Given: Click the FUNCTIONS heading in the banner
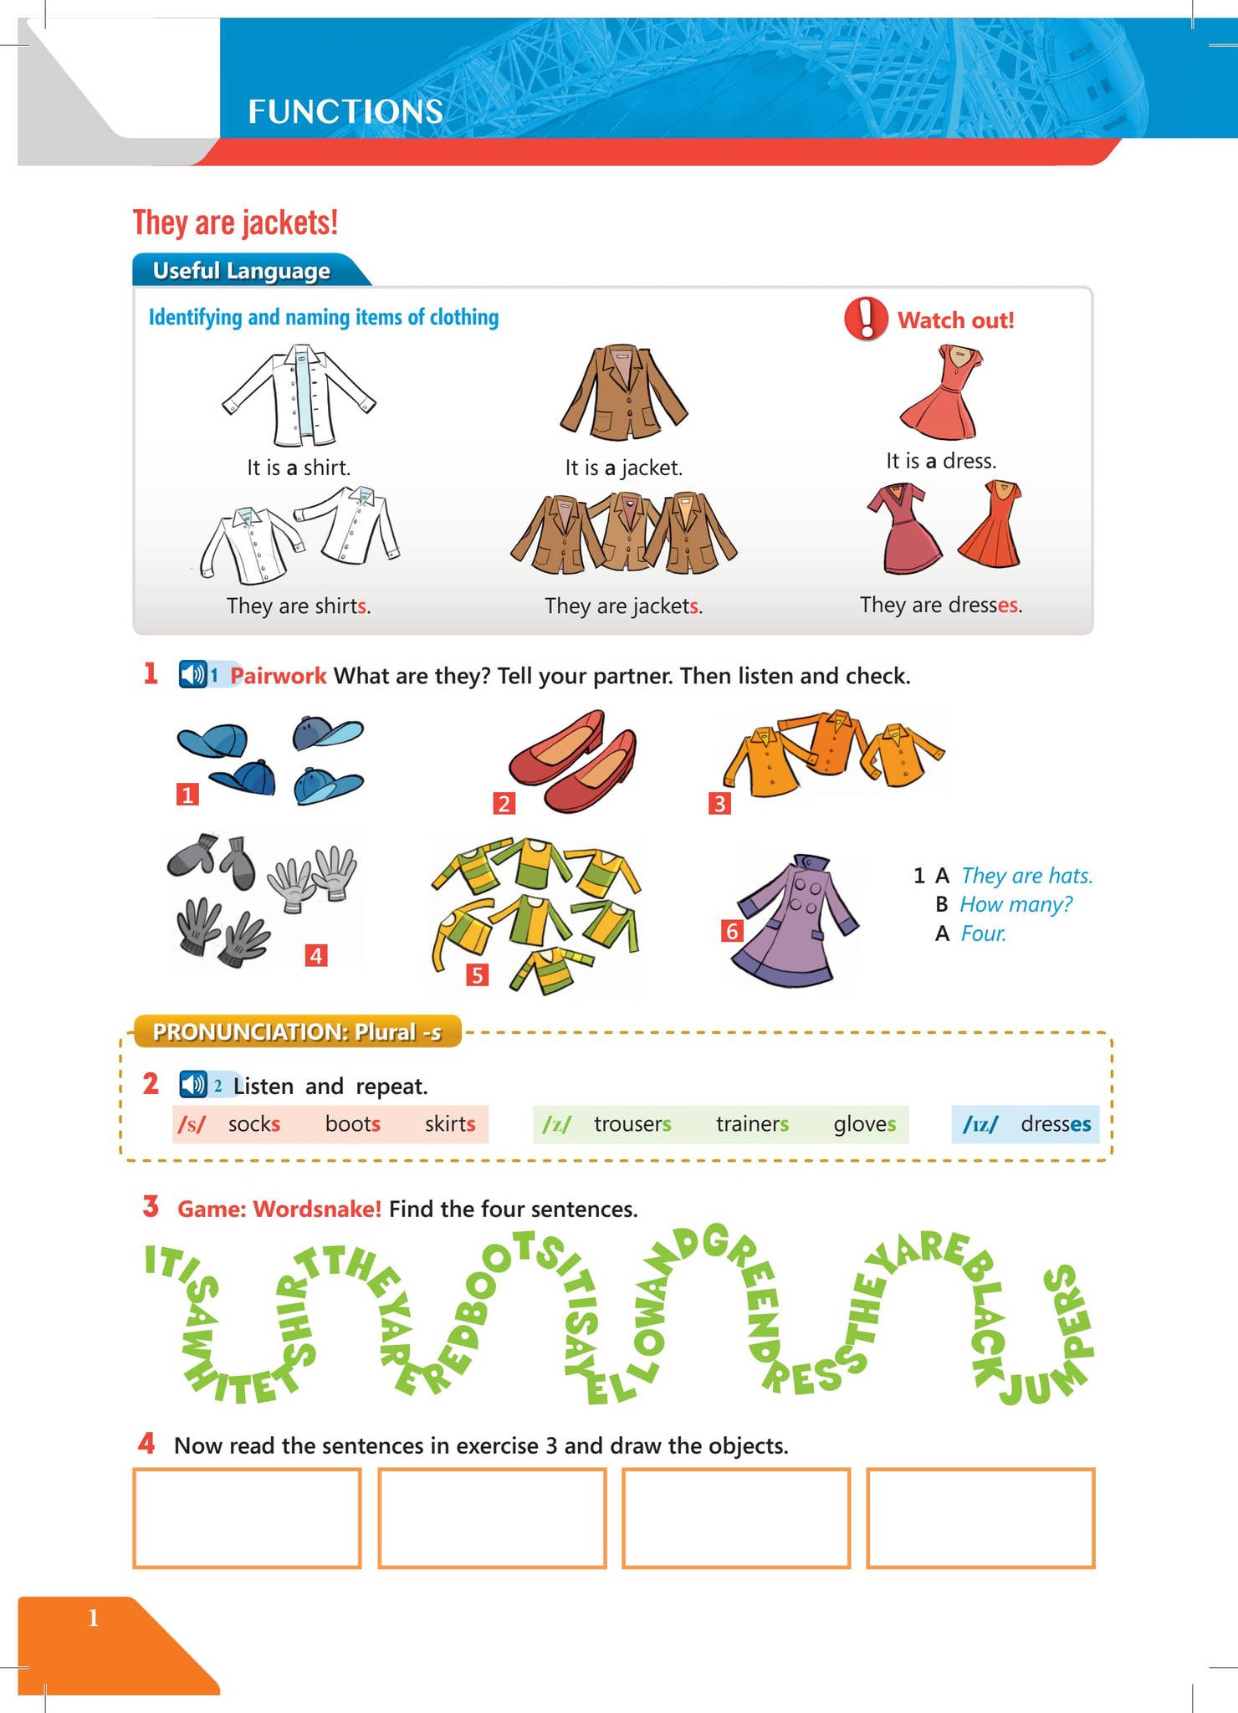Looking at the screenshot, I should tap(345, 112).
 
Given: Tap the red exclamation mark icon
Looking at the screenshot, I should tap(866, 319).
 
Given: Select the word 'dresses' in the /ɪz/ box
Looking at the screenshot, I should tap(1056, 1124).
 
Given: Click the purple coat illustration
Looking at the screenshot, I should tap(792, 920).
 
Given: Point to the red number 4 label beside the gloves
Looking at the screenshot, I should tap(316, 955).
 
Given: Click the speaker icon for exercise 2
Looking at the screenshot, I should tap(193, 1085).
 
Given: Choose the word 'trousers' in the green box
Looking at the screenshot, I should tap(632, 1124).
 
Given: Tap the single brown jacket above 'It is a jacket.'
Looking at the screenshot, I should tap(623, 392).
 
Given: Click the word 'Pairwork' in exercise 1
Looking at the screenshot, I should tap(278, 676).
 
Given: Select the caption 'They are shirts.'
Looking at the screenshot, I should tap(299, 606).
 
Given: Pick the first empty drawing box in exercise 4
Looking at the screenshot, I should tap(247, 1517).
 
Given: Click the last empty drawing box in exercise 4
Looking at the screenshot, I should tap(980, 1517).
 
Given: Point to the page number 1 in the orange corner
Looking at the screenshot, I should tap(94, 1618).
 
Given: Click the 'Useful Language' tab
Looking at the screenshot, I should tap(242, 271).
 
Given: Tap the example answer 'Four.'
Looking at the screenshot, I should tap(984, 933).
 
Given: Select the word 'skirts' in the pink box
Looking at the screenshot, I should tap(450, 1124).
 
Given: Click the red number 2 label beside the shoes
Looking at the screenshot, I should tap(504, 804).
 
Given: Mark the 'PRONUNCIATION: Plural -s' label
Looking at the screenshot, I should tap(297, 1032).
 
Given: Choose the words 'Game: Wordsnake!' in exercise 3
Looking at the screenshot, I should tap(279, 1209).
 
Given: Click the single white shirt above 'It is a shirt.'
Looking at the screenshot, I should tap(299, 396).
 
